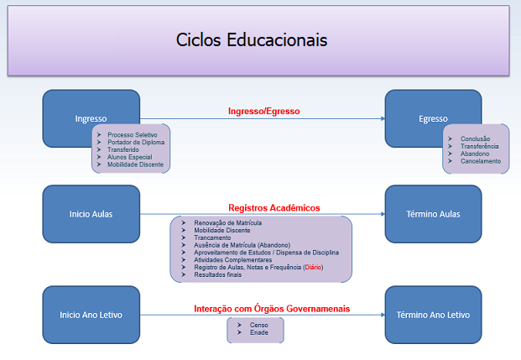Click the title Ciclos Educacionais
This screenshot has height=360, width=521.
click(252, 40)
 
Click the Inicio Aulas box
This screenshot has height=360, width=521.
click(91, 213)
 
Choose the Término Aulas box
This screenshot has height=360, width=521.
click(433, 213)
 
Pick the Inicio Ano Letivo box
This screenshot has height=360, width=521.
click(91, 315)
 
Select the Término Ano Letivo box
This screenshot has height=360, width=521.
click(433, 315)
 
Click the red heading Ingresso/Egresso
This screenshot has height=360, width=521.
click(263, 111)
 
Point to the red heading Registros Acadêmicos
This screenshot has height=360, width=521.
click(274, 208)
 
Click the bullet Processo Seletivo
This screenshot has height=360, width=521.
click(132, 135)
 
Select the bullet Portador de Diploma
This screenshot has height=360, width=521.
click(135, 143)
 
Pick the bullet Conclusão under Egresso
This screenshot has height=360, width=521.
click(476, 138)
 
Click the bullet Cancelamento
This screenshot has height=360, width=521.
click(480, 161)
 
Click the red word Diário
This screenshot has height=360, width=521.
click(311, 267)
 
